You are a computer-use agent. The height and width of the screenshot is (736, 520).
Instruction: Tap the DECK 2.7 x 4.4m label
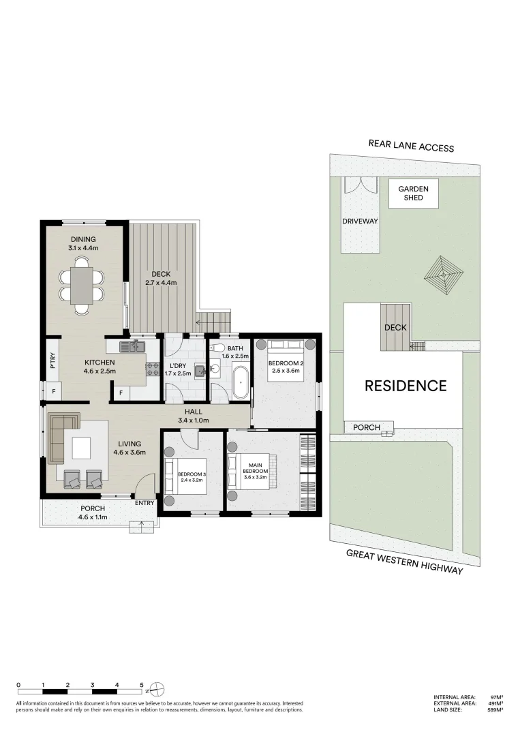point(162,278)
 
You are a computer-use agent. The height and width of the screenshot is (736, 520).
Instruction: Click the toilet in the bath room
point(217,346)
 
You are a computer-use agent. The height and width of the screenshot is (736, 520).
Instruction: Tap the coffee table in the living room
point(81,448)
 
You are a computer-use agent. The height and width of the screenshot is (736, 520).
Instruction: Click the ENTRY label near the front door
point(145,503)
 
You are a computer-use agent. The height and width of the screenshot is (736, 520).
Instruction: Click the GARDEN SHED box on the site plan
point(413,194)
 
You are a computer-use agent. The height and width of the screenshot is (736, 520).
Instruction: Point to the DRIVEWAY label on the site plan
point(360,221)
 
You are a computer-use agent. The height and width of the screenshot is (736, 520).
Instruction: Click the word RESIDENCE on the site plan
point(406,386)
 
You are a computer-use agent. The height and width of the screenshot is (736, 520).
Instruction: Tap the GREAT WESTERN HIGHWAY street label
point(404,562)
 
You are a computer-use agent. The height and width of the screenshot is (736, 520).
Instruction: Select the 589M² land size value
point(493,710)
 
